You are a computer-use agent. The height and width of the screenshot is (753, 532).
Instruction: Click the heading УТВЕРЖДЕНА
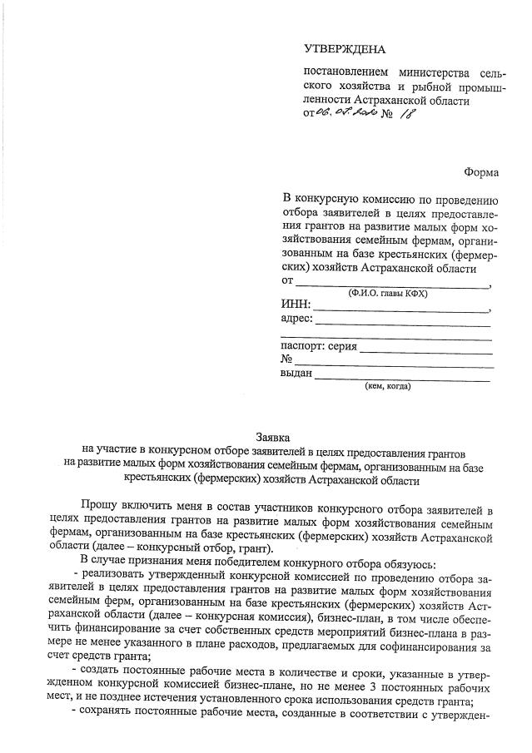[x=345, y=51]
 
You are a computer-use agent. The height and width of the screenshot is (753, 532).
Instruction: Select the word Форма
[x=481, y=172]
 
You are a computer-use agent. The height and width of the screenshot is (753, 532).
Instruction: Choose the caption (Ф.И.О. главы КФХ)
[x=384, y=293]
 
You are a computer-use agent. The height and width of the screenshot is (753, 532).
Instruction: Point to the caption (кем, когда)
[x=387, y=386]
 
